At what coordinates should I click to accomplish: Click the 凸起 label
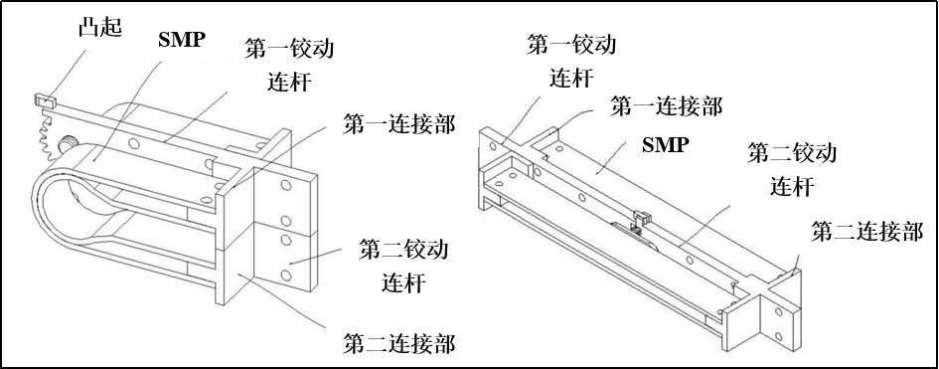[x=100, y=28]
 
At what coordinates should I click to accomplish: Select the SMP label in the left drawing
[x=182, y=40]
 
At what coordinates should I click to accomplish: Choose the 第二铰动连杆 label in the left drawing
[x=403, y=266]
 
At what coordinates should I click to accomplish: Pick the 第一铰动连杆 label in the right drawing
[x=571, y=61]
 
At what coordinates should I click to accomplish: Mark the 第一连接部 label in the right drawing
[x=666, y=106]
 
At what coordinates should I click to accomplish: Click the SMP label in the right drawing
[x=665, y=144]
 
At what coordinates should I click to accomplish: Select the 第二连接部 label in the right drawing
[x=866, y=232]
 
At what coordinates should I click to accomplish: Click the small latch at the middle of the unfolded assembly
[x=641, y=219]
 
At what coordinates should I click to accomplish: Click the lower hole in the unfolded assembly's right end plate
[x=779, y=336]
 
